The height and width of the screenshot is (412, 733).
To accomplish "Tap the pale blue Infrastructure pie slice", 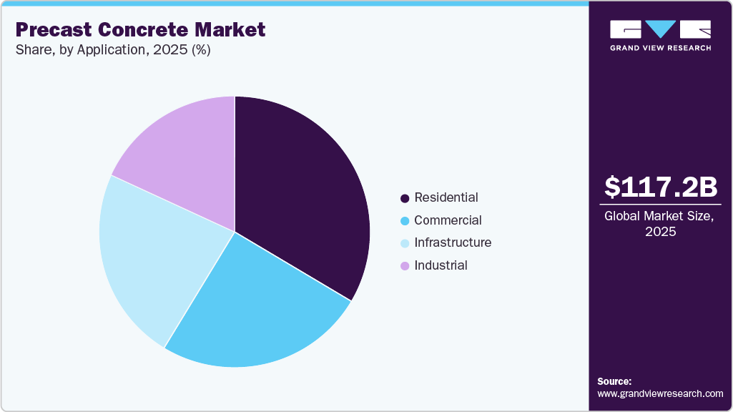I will click(150, 250).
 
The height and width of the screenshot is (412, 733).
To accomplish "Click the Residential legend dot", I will click(405, 198).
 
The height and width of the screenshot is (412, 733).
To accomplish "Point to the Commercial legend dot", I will click(405, 221).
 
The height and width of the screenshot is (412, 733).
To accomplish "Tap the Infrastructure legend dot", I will click(405, 243).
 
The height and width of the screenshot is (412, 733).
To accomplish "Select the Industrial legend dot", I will click(405, 266).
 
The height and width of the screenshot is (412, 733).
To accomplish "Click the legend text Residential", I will click(446, 197).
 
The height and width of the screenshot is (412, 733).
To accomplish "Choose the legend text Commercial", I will click(448, 220).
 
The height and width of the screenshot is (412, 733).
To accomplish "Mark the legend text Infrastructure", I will click(453, 242).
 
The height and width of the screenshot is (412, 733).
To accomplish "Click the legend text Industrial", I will click(441, 265).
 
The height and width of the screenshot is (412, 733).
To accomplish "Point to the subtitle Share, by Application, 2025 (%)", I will click(112, 51).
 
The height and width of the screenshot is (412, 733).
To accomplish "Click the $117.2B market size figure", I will click(660, 187).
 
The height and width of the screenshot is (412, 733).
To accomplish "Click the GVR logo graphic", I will click(660, 29).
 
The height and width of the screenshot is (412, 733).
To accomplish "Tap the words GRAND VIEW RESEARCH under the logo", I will click(660, 48).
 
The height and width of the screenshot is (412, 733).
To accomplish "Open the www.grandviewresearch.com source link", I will click(660, 393).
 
